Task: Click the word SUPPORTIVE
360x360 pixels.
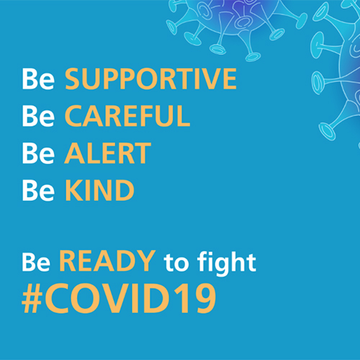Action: point(151,78)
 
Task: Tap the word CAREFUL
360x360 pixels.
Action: point(127,116)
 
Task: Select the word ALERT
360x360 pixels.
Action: point(108,153)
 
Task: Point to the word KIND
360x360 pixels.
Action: point(99,190)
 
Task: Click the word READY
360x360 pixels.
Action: point(107,261)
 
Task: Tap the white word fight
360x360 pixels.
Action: point(226,263)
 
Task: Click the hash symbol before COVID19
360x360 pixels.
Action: point(32,299)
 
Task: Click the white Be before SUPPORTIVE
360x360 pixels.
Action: point(38,79)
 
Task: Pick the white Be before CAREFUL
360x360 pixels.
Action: point(38,116)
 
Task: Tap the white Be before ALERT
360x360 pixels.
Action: point(38,153)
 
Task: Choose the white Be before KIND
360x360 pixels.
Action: point(38,190)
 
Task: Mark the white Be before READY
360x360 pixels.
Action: point(36,261)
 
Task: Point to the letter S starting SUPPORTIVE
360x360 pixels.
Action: point(73,78)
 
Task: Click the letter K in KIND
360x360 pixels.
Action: point(73,190)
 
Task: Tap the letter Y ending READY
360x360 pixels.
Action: point(146,261)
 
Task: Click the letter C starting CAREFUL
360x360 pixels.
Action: point(74,116)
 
